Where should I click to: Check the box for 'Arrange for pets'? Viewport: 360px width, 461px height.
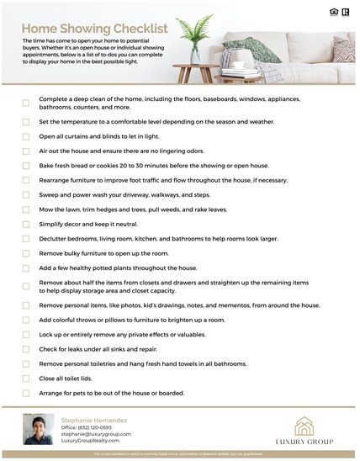[x=26, y=393]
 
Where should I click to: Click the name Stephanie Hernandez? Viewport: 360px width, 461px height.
[x=93, y=418]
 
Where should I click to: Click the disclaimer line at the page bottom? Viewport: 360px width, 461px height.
[x=179, y=455]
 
